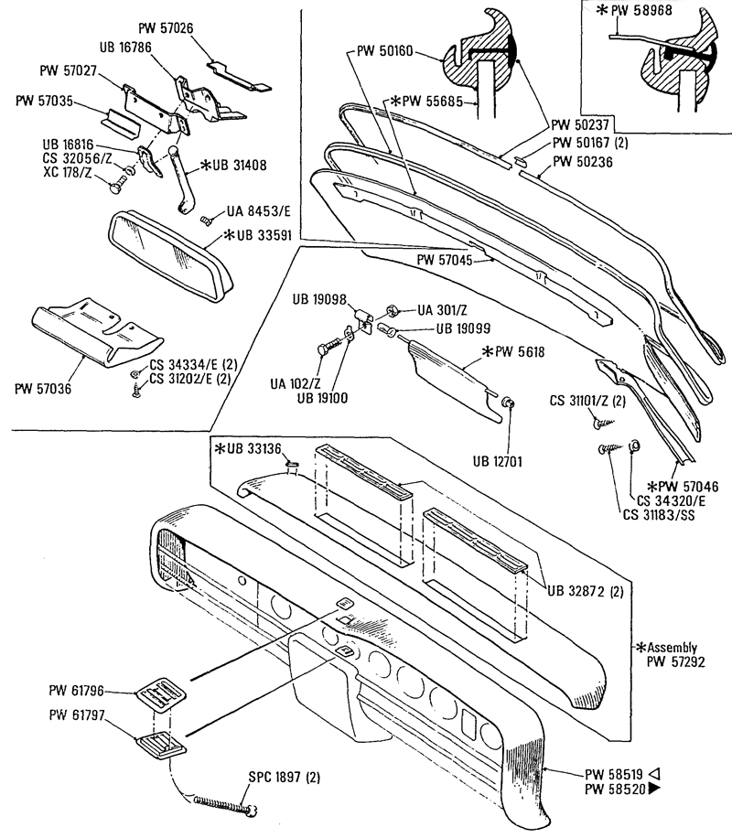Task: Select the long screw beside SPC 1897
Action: pyautogui.click(x=227, y=804)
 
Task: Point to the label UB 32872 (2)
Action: pyautogui.click(x=587, y=591)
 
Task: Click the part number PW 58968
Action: pyautogui.click(x=647, y=11)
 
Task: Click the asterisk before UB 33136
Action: pyautogui.click(x=220, y=448)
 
